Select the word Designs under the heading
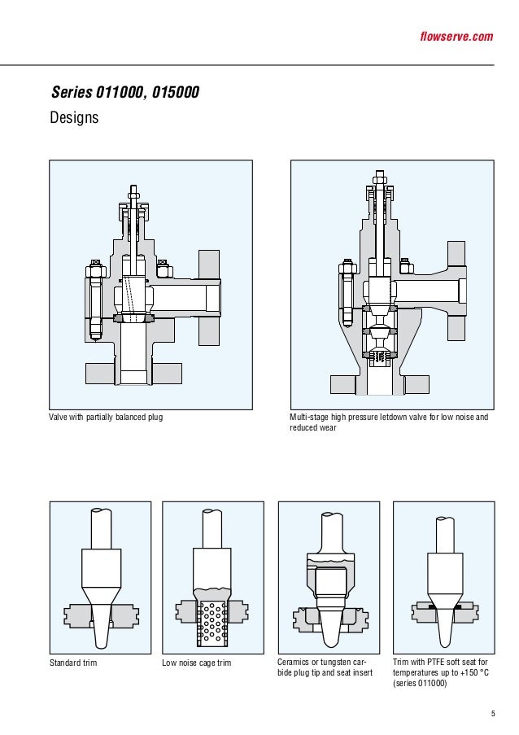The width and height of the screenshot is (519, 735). (x=74, y=118)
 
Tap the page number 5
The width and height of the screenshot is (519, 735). (x=492, y=715)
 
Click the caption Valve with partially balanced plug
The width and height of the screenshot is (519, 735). (x=111, y=418)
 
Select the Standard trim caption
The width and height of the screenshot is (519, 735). (x=74, y=663)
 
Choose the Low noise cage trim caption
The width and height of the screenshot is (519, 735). (x=197, y=663)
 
